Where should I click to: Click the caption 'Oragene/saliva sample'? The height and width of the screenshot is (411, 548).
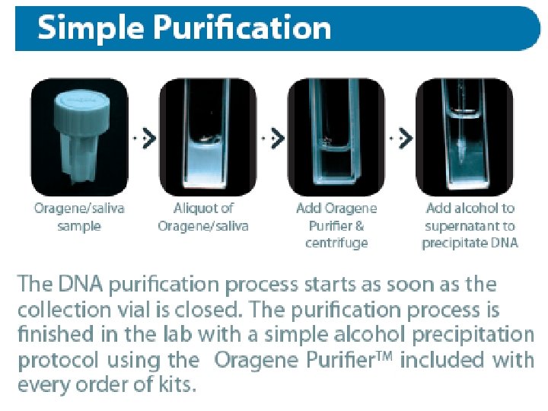click(78, 217)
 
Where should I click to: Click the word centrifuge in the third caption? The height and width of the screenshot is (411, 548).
click(336, 243)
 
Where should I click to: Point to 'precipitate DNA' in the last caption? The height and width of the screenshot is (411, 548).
click(470, 243)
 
